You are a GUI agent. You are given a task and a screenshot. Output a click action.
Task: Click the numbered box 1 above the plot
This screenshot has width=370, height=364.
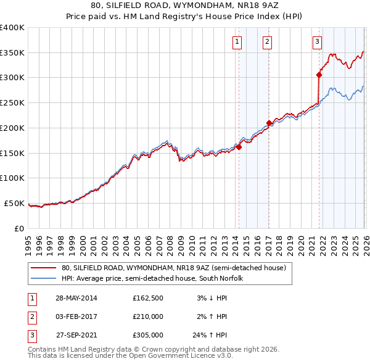click(237, 42)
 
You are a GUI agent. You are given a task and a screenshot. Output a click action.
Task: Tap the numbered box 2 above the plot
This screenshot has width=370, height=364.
click(267, 42)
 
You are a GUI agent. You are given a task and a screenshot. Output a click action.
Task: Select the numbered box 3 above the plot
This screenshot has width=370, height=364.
click(317, 42)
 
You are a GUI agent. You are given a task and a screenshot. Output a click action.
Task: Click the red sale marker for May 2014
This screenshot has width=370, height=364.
click(239, 147)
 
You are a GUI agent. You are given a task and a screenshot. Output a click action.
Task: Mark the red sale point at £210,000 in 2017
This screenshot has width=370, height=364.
click(269, 123)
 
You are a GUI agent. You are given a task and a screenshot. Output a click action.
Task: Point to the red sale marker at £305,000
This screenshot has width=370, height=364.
click(319, 75)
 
